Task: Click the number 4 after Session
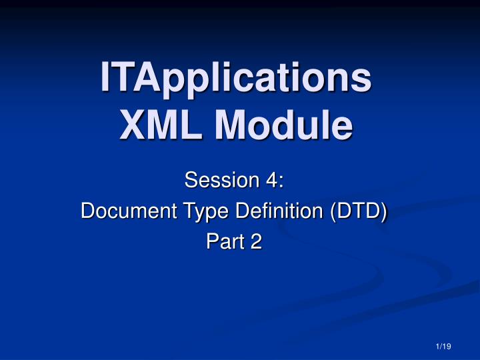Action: pos(273,180)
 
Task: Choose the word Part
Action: pos(223,243)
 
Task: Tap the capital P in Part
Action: pos(208,243)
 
